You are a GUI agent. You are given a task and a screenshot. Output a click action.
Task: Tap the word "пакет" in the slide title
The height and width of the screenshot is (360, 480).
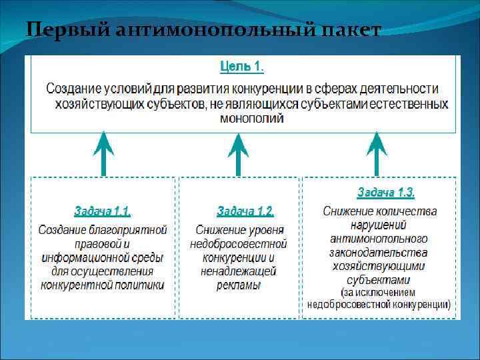[353, 30]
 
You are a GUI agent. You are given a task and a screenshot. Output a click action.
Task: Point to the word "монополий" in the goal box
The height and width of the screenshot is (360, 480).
[251, 119]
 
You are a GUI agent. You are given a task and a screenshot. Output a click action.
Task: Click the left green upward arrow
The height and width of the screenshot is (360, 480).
[103, 153]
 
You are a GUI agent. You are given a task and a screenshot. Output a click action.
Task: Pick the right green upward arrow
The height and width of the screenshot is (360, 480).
[377, 153]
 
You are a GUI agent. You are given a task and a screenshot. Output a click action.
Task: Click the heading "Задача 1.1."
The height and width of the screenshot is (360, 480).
[102, 211]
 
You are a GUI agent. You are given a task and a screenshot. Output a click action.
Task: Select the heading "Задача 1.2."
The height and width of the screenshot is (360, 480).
[245, 211]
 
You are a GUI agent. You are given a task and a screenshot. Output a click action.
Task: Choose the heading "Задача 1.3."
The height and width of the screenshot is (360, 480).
[385, 193]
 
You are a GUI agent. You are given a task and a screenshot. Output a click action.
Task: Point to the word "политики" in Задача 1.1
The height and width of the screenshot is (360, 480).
[139, 285]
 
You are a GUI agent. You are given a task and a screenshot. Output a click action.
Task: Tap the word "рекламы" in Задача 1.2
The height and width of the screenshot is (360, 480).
[239, 285]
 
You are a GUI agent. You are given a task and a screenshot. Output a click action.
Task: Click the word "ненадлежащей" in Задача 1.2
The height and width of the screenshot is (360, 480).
[239, 271]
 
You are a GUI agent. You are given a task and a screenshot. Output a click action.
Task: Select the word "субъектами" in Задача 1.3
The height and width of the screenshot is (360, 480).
[378, 279]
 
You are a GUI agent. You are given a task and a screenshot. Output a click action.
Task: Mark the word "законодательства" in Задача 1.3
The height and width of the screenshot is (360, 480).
[378, 252]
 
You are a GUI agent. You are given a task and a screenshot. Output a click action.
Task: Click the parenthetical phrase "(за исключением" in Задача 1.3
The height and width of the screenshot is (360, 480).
[378, 293]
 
